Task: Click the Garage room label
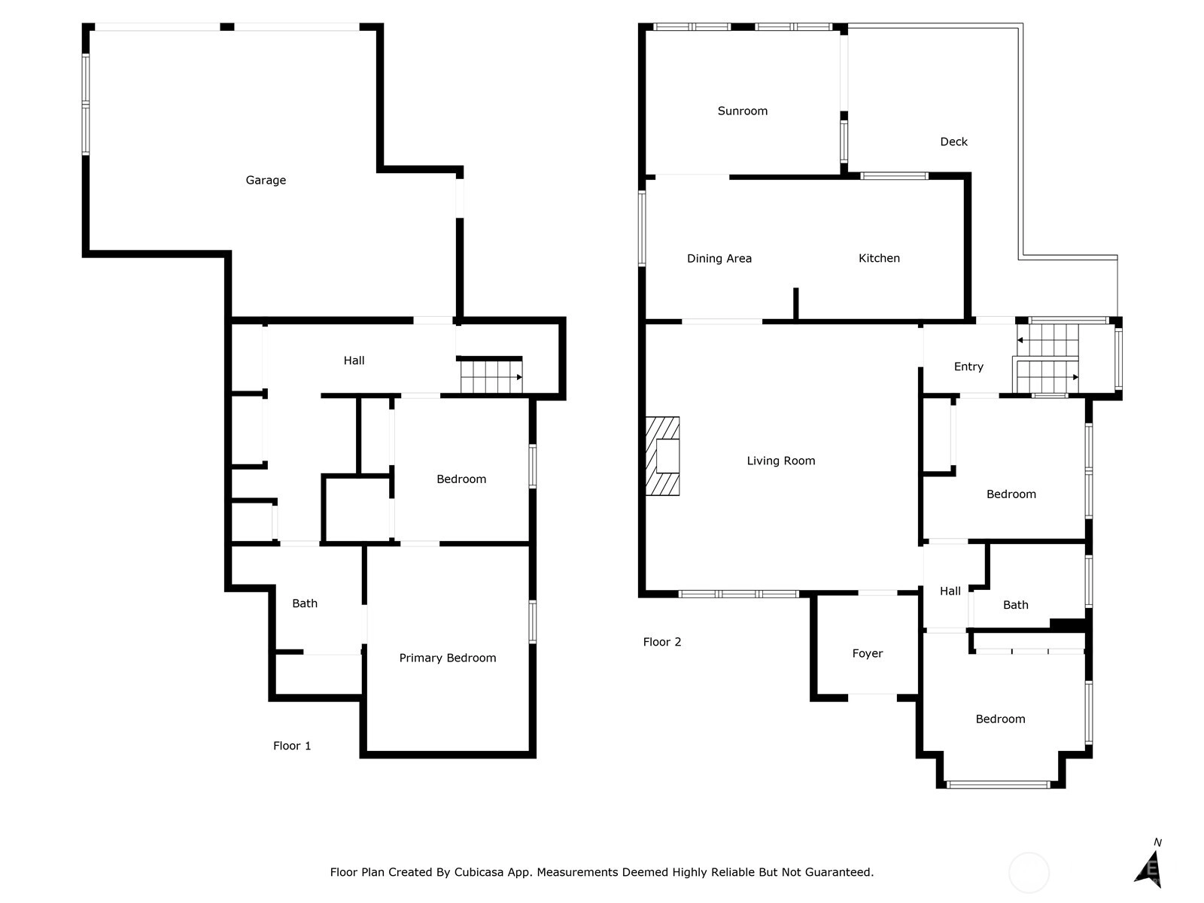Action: (x=266, y=181)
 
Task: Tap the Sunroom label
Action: (x=742, y=111)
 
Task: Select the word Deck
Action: (x=953, y=141)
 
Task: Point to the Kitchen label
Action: (x=879, y=258)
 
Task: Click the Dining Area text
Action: (x=719, y=259)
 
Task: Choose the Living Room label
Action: (x=780, y=461)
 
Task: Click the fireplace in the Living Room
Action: (x=662, y=456)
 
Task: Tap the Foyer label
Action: (x=867, y=653)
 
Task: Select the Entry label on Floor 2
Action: (x=968, y=366)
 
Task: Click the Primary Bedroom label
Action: (x=448, y=658)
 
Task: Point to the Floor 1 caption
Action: (x=292, y=746)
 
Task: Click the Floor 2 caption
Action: (x=662, y=642)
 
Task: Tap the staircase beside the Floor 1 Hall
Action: (x=491, y=375)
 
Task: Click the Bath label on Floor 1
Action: (x=305, y=604)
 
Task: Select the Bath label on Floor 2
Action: (x=1015, y=605)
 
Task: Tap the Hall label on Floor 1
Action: (x=354, y=360)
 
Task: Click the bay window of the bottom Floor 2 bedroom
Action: (x=999, y=785)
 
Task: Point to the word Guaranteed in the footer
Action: (x=843, y=872)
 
